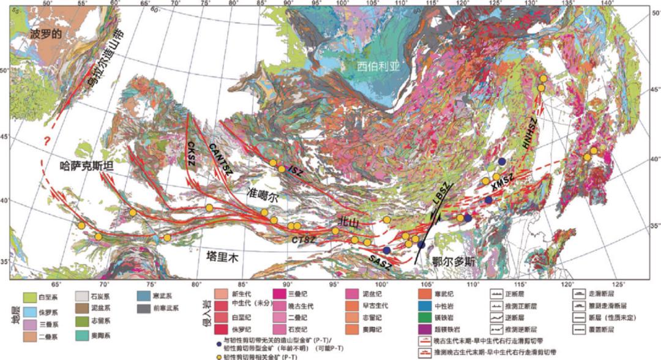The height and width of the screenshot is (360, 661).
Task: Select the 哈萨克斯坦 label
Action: [80, 165]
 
